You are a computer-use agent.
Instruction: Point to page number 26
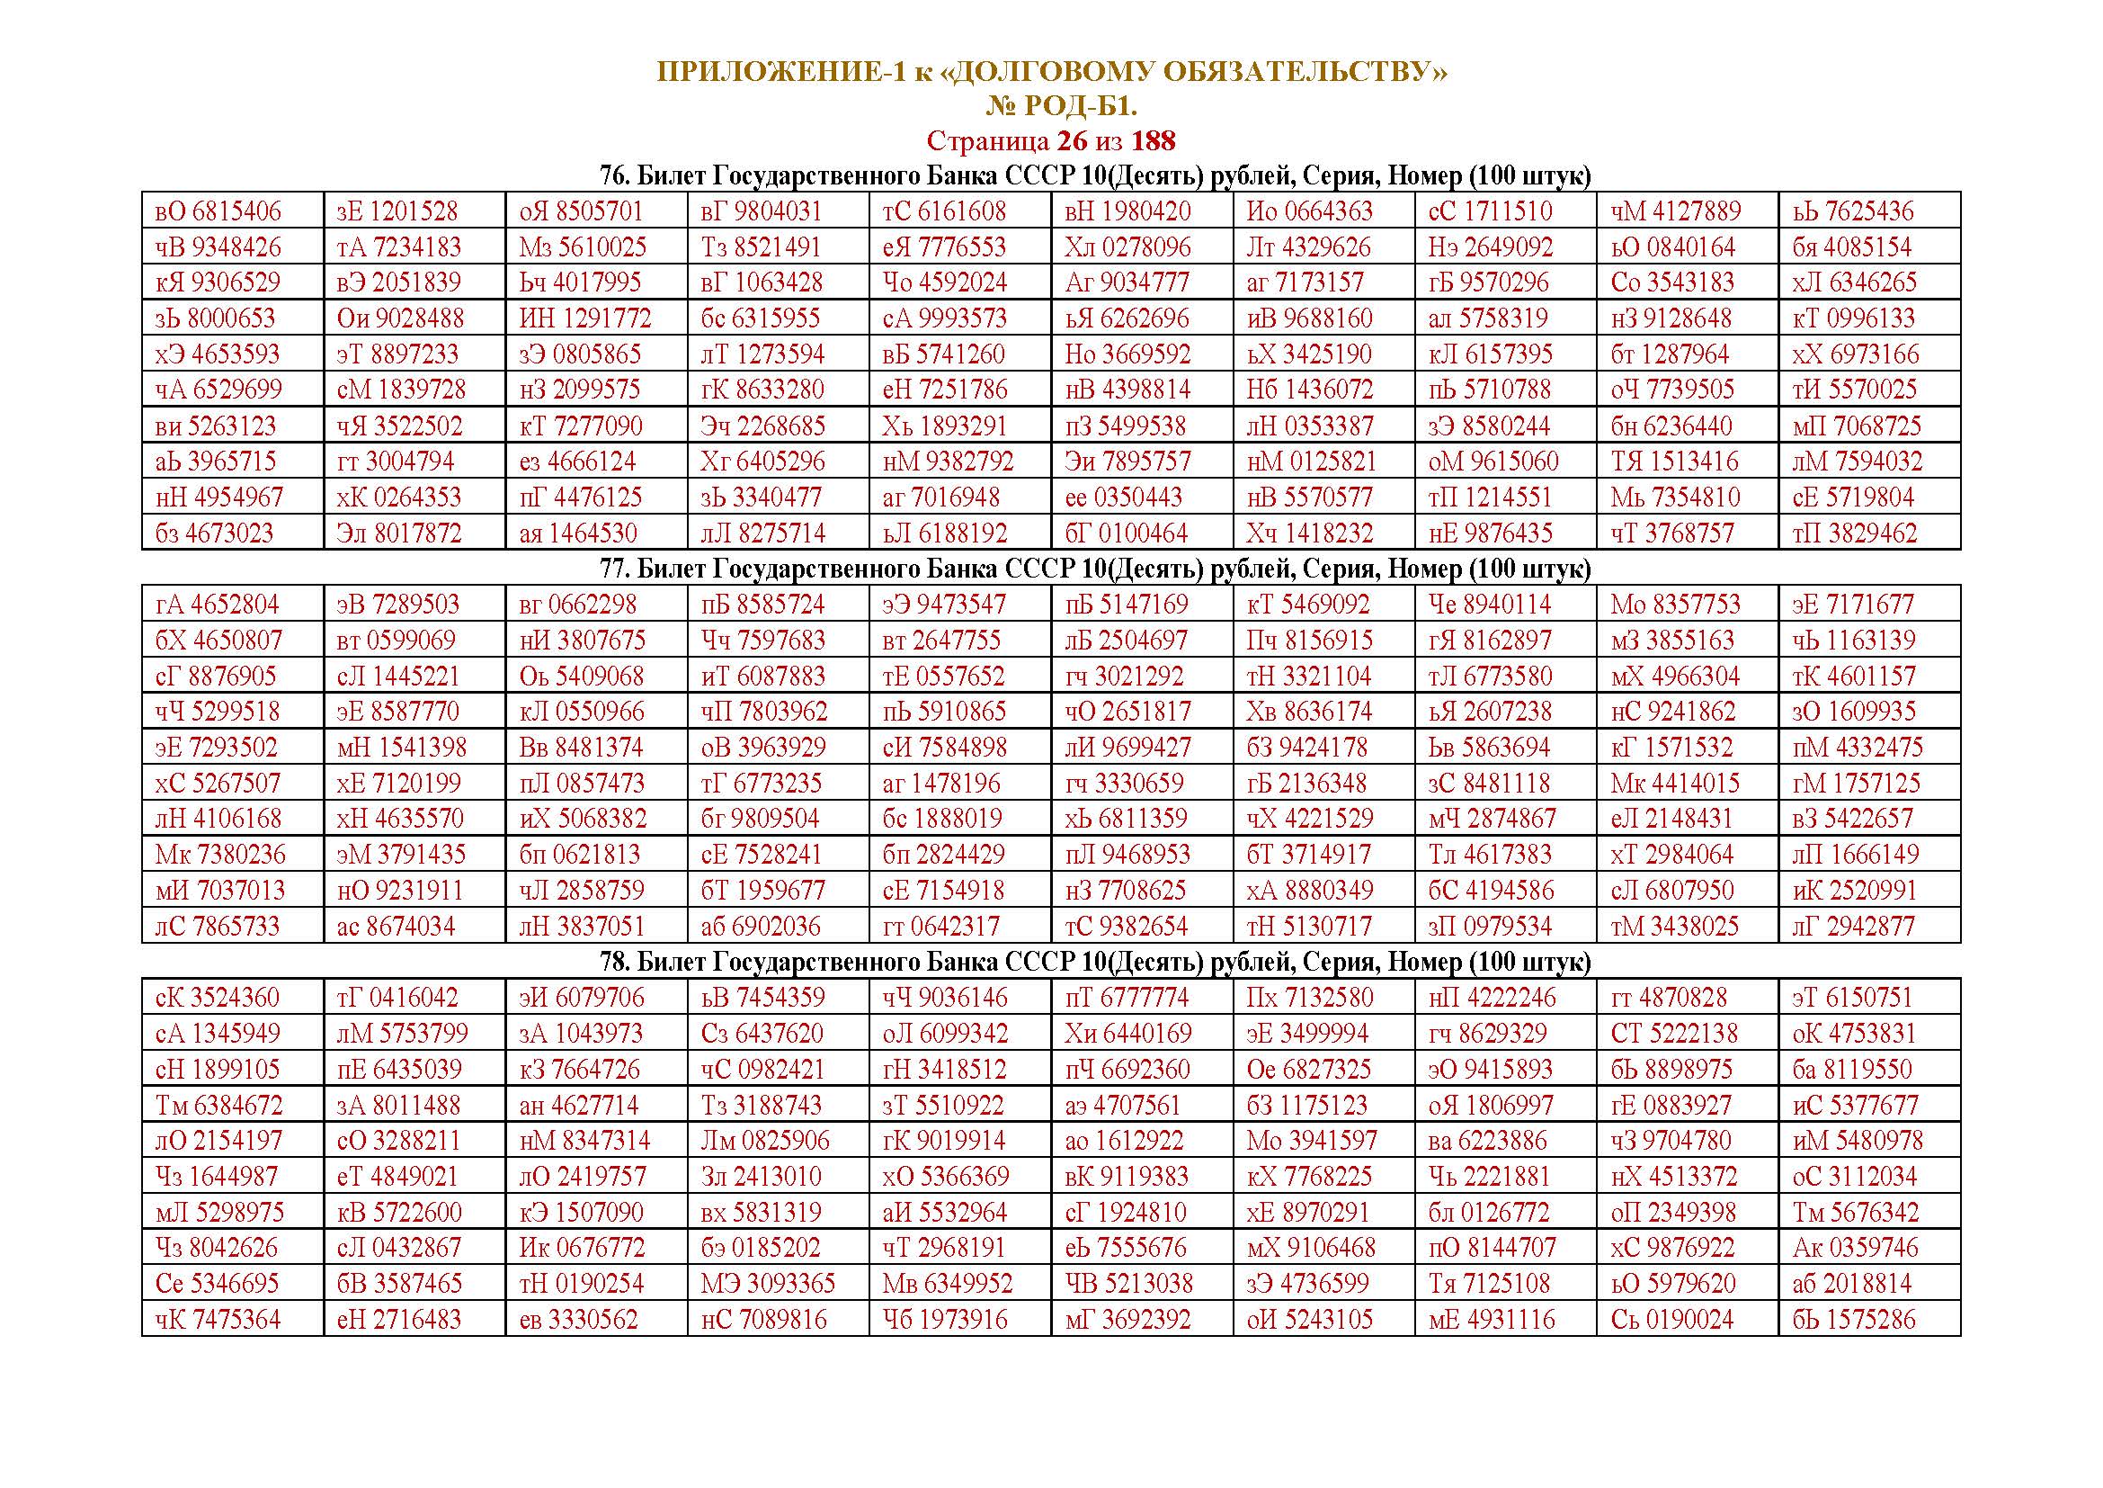[1072, 141]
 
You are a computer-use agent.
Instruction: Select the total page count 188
[1154, 141]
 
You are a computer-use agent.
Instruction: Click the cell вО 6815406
[218, 211]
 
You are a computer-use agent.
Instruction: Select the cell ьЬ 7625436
[1853, 211]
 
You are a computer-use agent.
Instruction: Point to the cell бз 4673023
[214, 533]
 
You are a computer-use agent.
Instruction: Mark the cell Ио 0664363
[1310, 211]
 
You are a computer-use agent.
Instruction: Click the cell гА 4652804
[218, 605]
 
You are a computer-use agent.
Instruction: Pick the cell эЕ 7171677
[1853, 605]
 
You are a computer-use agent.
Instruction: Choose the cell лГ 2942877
[1853, 927]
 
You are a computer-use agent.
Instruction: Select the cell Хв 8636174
[1309, 712]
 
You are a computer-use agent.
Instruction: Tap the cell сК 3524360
[218, 998]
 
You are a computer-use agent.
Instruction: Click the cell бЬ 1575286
[1853, 1320]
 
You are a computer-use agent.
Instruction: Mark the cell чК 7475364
[218, 1320]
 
